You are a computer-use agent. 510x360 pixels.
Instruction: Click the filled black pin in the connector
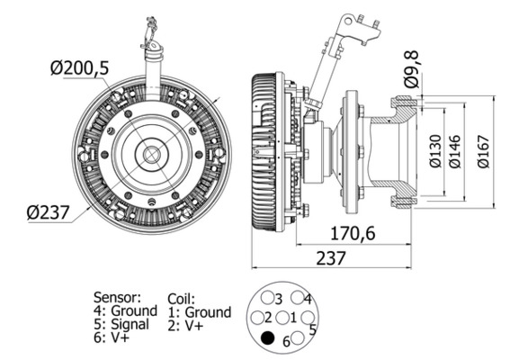[x=266, y=338]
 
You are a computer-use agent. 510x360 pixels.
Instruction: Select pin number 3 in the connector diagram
[x=270, y=298]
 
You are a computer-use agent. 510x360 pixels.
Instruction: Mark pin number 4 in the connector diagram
[x=300, y=298]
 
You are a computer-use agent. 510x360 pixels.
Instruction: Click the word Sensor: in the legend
[x=117, y=296]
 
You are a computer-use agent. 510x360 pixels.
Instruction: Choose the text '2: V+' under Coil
[x=188, y=326]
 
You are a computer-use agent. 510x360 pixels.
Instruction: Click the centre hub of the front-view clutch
[x=148, y=155]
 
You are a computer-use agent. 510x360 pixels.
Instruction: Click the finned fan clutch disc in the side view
[x=264, y=153]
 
